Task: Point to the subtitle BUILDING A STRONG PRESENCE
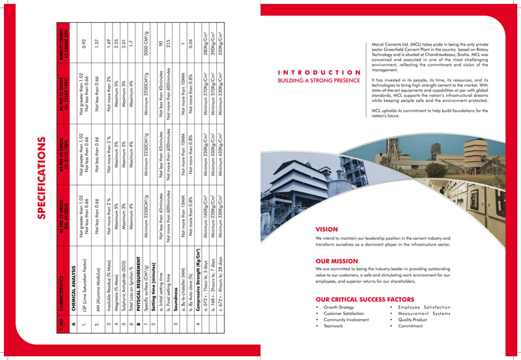point(319,80)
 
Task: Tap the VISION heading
point(326,229)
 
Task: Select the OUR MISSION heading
point(337,260)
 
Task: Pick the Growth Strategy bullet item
point(339,307)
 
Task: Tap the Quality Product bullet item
point(415,319)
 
